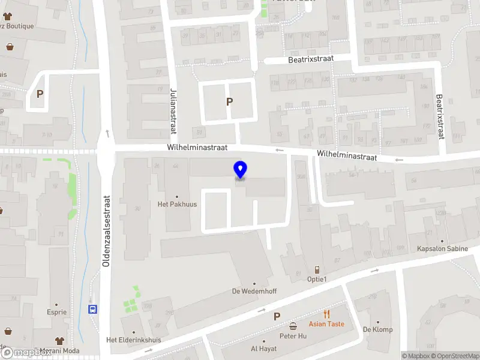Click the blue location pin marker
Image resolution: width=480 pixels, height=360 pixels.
[x=240, y=170]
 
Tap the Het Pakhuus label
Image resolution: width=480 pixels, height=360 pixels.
[x=177, y=204]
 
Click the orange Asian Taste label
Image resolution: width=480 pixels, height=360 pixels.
[x=326, y=324]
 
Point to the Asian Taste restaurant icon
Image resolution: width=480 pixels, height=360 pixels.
[x=326, y=314]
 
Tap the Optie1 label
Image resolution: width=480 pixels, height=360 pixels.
[x=316, y=280]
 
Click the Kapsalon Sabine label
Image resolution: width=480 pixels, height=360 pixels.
[x=443, y=248]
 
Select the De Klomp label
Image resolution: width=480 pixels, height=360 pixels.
[x=377, y=329]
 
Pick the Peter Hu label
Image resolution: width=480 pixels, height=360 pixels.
[x=293, y=336]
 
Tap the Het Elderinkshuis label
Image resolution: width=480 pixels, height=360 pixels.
[x=133, y=340]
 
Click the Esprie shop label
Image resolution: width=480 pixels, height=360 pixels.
[x=57, y=312]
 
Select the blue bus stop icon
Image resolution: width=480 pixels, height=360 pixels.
[x=92, y=310]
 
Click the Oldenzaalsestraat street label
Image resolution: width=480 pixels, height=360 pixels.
[x=107, y=231]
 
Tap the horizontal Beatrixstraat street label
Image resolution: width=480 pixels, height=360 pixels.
[x=311, y=59]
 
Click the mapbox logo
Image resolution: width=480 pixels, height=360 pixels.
[x=26, y=353]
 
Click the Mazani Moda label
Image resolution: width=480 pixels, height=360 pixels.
[x=60, y=352]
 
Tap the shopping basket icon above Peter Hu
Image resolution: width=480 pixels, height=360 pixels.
[x=293, y=326]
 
